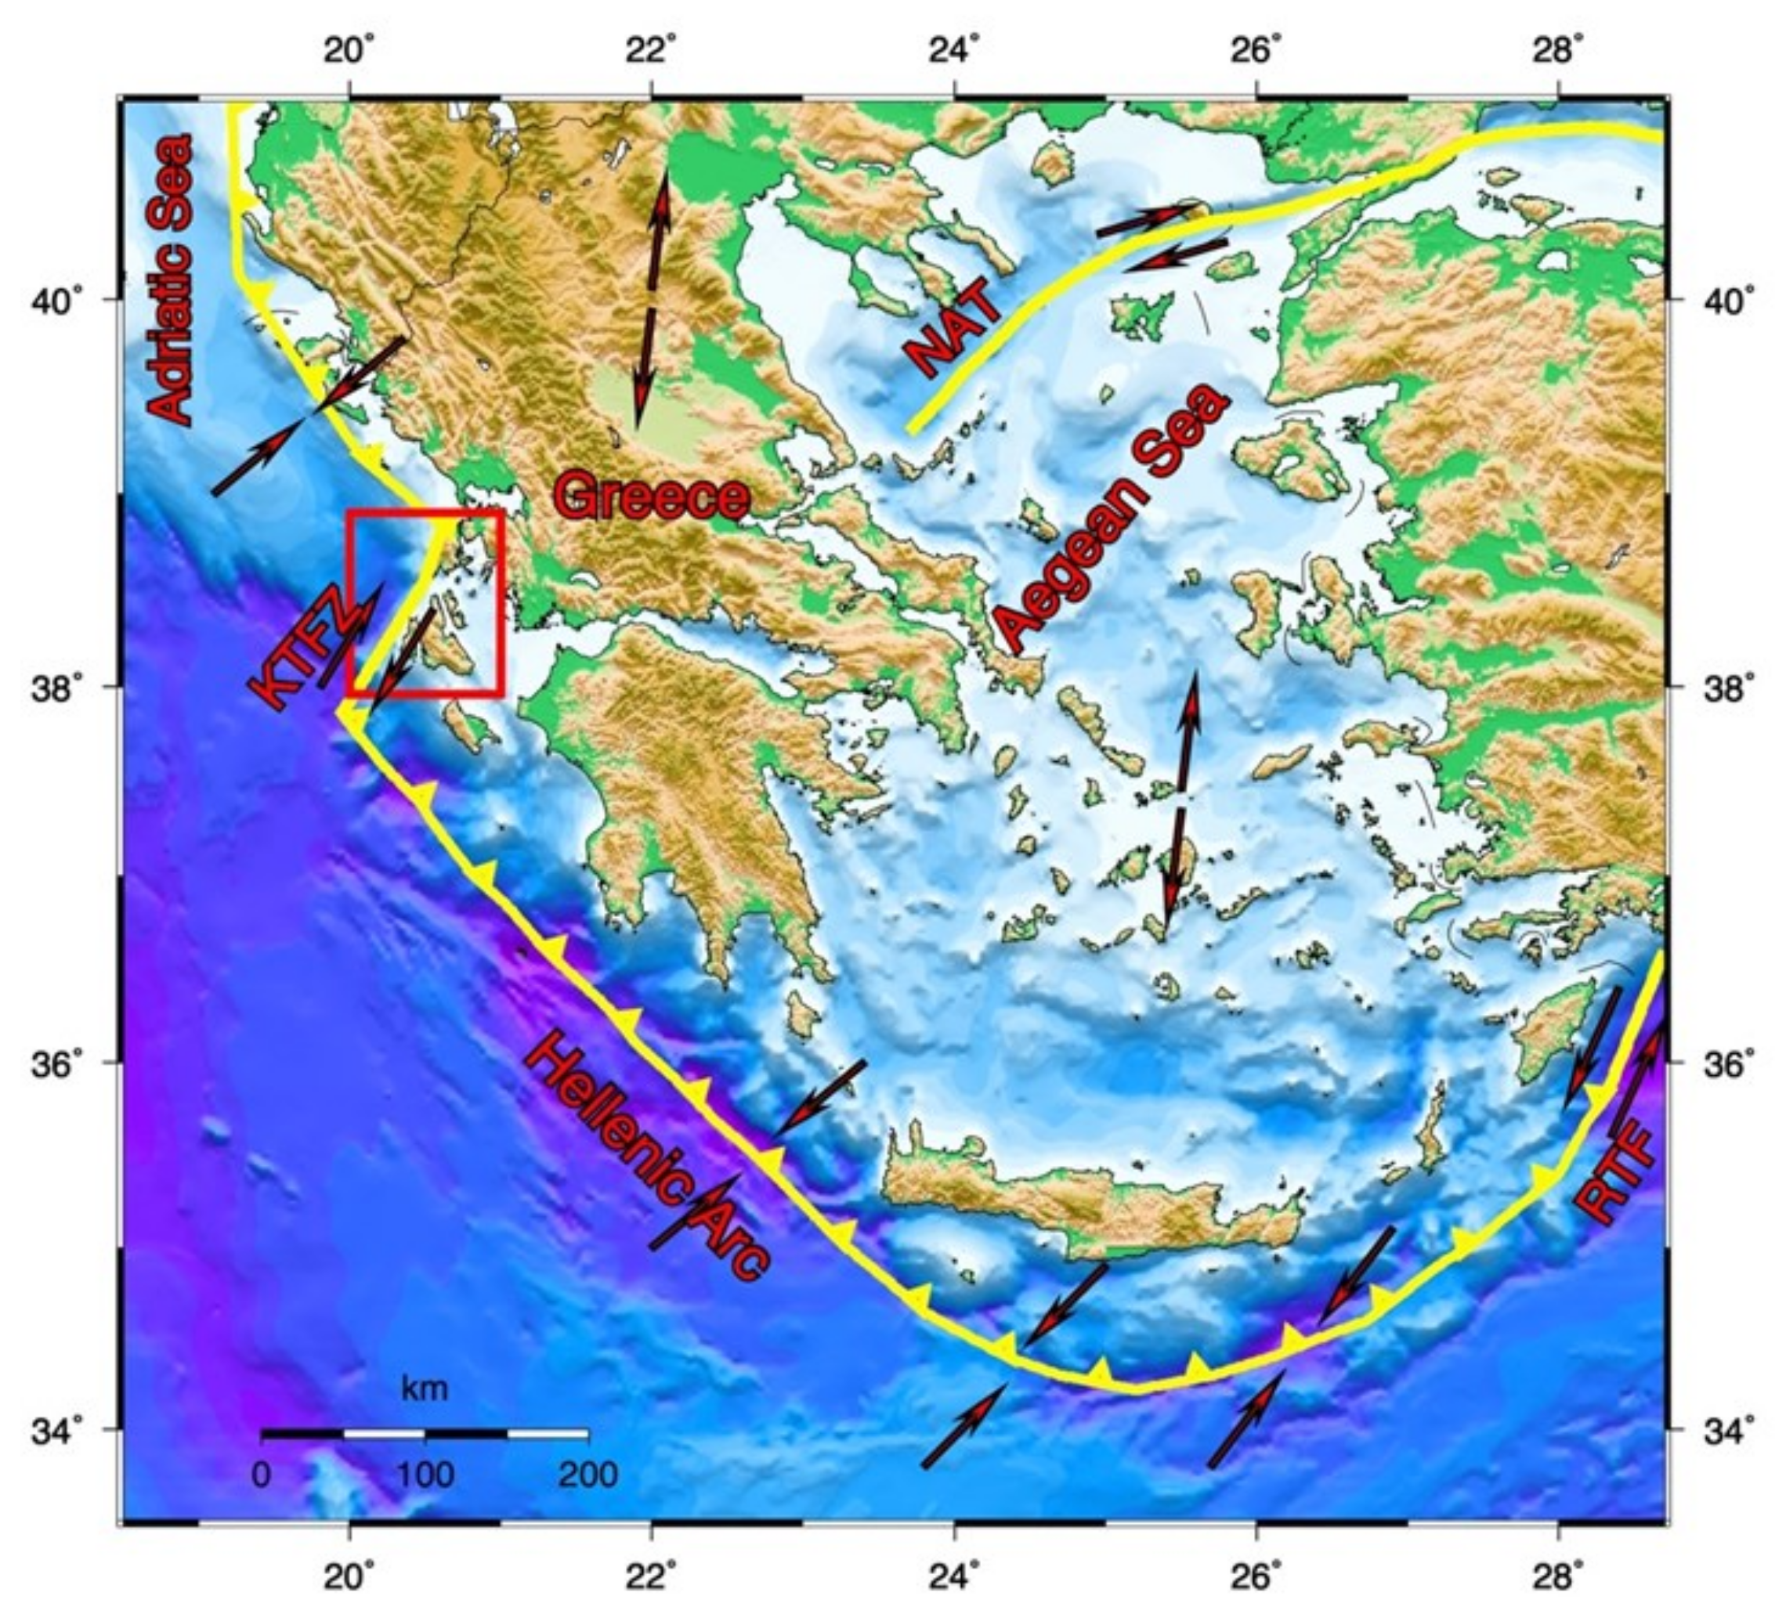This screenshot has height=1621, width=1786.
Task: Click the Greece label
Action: (651, 496)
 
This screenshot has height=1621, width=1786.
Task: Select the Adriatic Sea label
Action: (170, 279)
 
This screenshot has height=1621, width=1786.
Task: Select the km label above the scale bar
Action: (425, 1388)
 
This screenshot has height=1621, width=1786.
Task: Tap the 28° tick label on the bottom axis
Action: (1560, 1572)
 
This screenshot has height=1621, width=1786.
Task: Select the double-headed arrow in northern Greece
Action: (651, 297)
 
